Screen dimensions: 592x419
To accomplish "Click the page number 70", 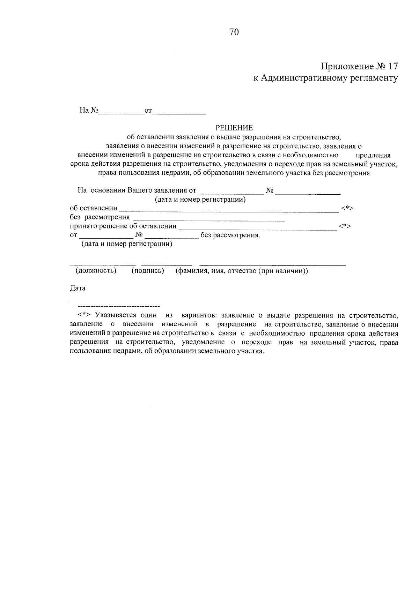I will tap(234, 32).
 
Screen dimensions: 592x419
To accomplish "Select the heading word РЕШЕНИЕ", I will tap(234, 128).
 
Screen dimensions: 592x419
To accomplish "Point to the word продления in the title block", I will tap(373, 155).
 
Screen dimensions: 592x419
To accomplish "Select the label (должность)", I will tap(96, 271).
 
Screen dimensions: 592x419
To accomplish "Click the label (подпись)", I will tap(148, 271).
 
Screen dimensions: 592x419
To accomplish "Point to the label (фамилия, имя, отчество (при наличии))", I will tap(242, 271).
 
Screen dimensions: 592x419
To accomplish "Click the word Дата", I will tap(78, 288).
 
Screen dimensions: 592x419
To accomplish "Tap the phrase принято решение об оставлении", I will tap(123, 226).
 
